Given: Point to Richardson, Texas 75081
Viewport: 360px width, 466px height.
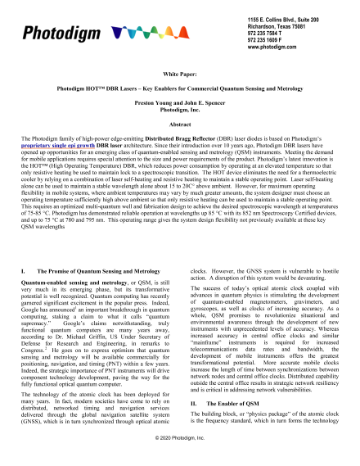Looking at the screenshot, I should coord(264,25).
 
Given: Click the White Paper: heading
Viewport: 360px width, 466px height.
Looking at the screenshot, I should coord(179,74).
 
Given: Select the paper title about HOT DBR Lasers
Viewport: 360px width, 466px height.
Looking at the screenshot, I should coord(179,87).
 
